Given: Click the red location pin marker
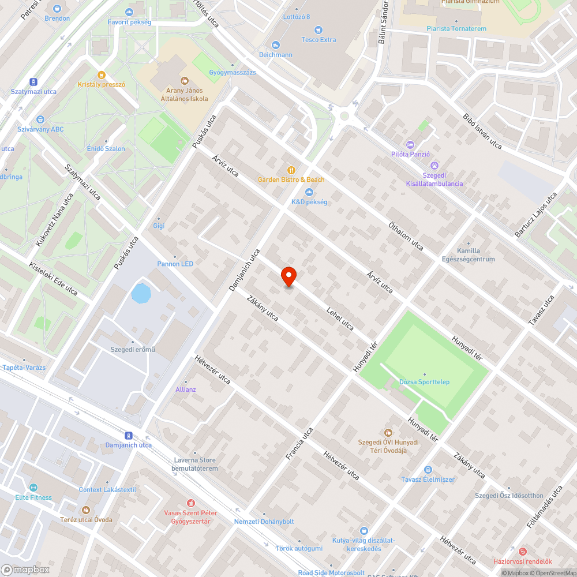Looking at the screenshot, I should click(x=288, y=276).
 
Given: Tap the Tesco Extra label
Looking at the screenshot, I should click(x=319, y=40).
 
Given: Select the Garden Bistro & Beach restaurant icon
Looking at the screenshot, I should click(x=292, y=169).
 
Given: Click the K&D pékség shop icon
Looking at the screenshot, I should click(x=309, y=192).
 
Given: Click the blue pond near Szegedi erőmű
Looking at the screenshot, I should click(x=141, y=293).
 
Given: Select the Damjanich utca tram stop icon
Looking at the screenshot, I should click(x=128, y=435).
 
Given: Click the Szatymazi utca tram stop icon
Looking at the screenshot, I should click(x=33, y=82).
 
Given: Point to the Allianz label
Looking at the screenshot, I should click(x=186, y=389).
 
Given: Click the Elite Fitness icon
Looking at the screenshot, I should click(x=33, y=487).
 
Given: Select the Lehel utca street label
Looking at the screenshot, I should click(x=340, y=318).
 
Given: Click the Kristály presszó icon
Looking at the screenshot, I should click(x=102, y=74).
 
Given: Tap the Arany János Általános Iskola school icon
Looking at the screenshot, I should click(x=185, y=80).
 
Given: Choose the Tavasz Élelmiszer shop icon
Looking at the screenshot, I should click(x=428, y=470).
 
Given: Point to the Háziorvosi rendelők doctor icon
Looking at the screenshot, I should click(x=523, y=551).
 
